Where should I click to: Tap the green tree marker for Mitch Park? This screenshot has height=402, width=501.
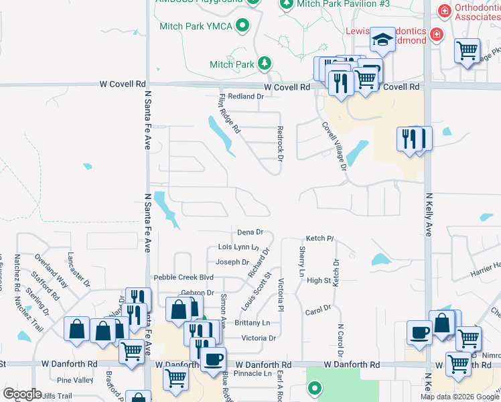(265, 64)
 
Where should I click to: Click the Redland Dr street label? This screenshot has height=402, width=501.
(246, 96)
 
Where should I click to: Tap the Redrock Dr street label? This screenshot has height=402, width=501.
(281, 143)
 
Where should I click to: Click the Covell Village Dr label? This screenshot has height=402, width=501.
(334, 145)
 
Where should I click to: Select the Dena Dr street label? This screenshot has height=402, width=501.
(250, 232)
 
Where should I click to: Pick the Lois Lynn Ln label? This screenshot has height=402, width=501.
(238, 247)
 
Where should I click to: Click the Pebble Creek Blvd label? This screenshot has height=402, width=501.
(183, 277)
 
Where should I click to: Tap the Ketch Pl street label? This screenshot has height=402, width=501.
(319, 239)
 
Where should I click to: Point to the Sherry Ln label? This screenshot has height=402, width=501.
(302, 262)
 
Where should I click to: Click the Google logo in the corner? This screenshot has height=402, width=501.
(23, 394)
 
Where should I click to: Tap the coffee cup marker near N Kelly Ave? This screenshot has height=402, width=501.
(419, 333)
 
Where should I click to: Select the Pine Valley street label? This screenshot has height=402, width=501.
(75, 380)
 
